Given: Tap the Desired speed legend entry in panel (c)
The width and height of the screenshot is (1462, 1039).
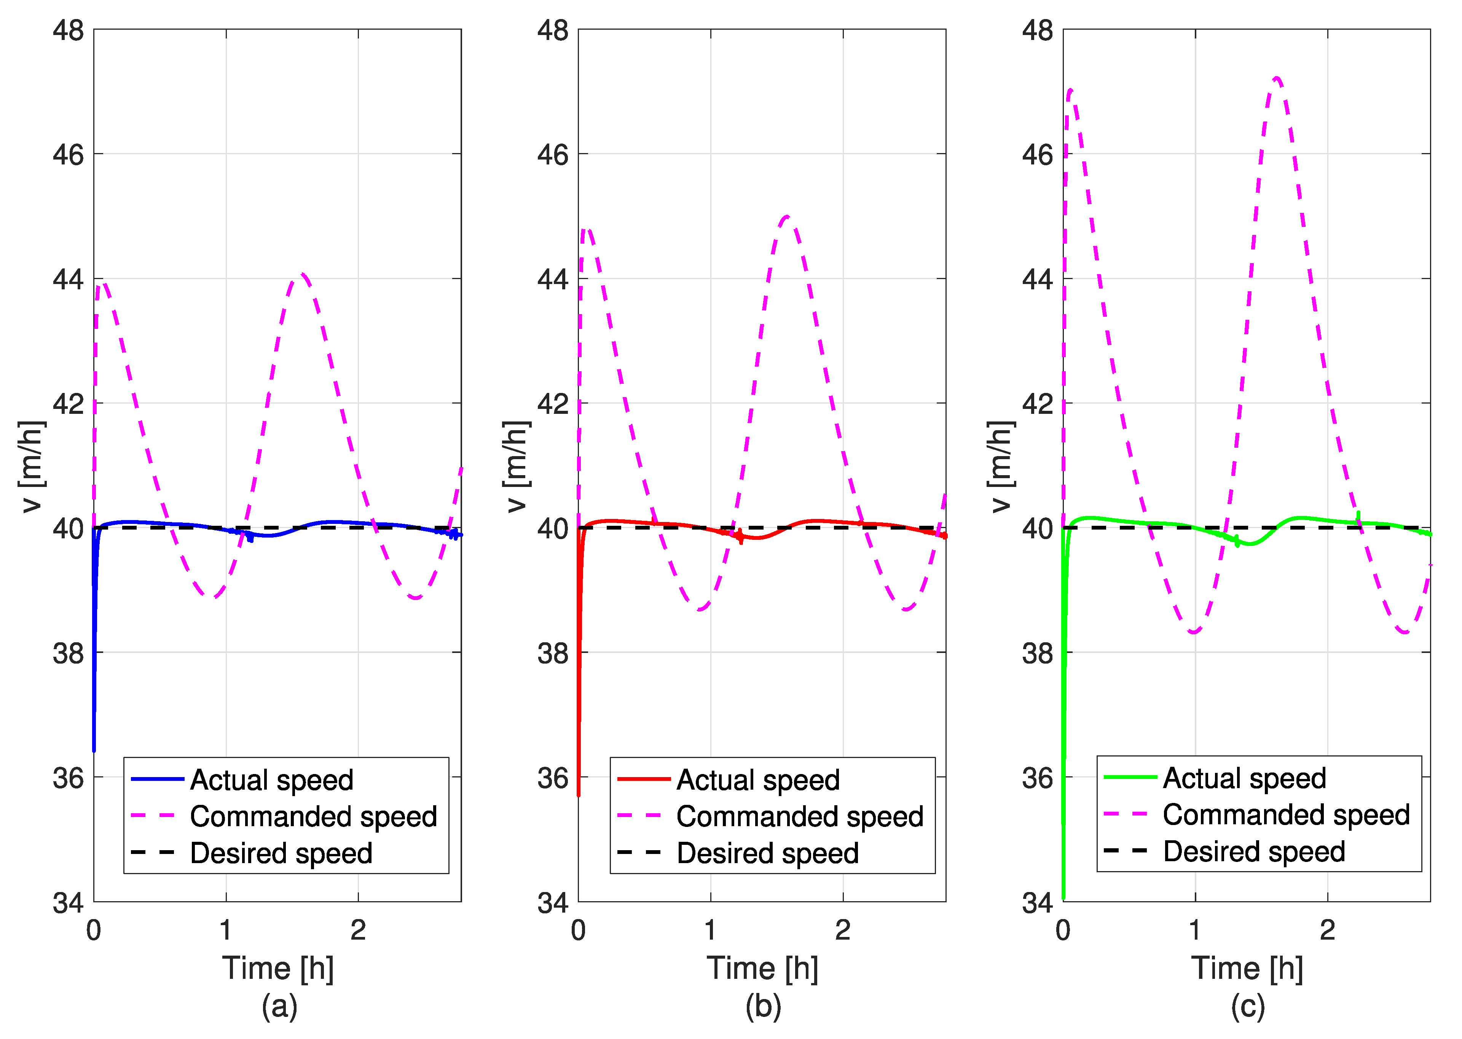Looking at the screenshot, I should (1253, 852).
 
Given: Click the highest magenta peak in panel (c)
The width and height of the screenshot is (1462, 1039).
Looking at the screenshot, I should (1276, 79).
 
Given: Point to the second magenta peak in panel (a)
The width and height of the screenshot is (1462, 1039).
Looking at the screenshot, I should (303, 275).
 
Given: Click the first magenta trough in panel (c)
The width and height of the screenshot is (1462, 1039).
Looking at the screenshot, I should (1193, 632).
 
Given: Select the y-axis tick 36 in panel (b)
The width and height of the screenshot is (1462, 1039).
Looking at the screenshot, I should (553, 778).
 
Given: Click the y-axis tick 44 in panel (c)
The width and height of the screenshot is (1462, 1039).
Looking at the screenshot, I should (1037, 279).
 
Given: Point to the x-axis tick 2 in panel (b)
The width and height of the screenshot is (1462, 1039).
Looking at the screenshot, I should (842, 930).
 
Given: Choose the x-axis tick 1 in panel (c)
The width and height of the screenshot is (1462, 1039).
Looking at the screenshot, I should (1195, 930).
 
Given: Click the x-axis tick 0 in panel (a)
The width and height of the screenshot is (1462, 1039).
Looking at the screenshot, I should (94, 930).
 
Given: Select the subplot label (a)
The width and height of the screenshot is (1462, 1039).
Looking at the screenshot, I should (279, 1006).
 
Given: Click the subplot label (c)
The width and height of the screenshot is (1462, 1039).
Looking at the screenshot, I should (1247, 1006).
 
